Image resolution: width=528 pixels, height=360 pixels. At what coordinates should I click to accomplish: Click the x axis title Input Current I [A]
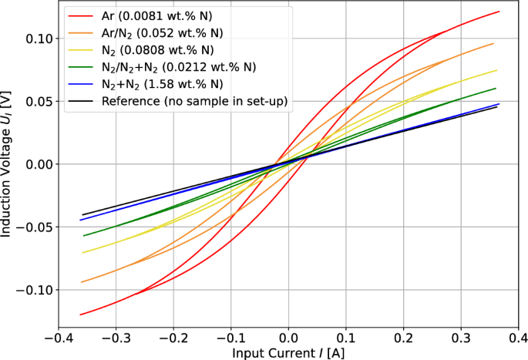click(288, 352)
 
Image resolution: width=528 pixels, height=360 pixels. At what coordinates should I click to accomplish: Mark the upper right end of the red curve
click(499, 12)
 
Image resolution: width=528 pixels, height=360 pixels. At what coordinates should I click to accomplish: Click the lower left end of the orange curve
click(81, 282)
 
